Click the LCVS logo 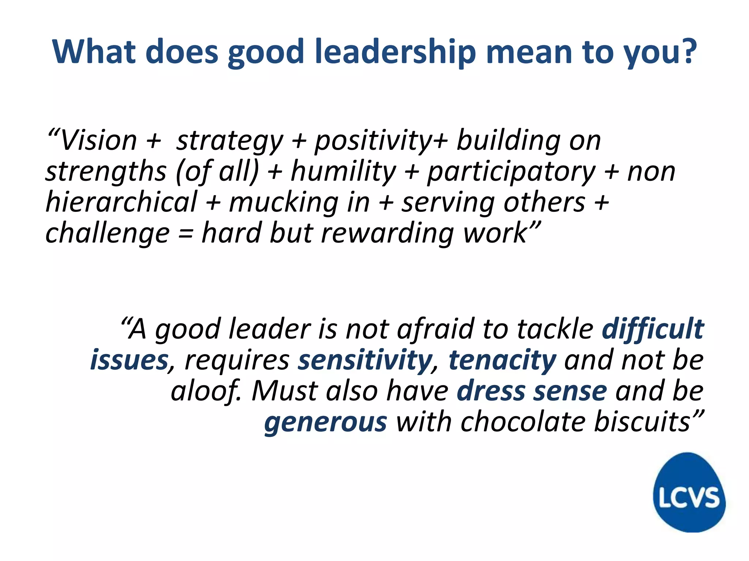point(689,492)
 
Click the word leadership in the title point(395,52)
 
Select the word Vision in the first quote point(98,141)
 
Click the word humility point(343,172)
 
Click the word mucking point(283,203)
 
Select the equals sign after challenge point(186,234)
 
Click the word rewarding point(387,234)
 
